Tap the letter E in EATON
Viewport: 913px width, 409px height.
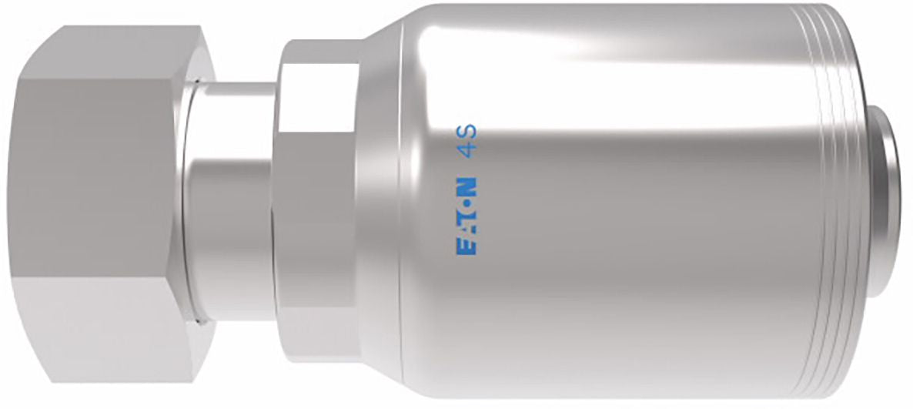465,247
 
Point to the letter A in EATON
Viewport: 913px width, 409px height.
465,231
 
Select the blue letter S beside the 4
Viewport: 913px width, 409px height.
465,130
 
